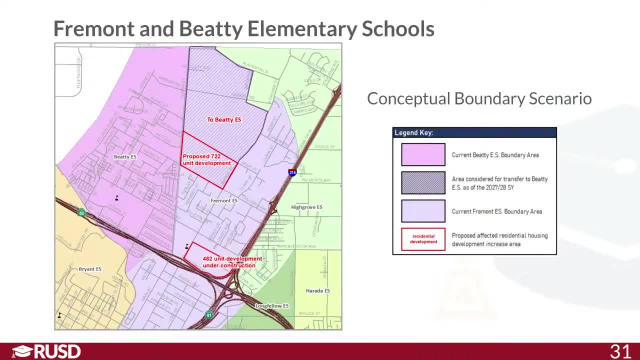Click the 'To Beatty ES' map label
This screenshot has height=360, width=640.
tap(224, 120)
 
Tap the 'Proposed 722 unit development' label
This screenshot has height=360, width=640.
tap(206, 159)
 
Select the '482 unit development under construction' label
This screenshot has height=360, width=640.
tap(231, 262)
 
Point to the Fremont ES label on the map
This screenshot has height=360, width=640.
tap(223, 200)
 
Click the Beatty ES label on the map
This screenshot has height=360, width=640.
tap(125, 157)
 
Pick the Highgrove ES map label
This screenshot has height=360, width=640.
tap(306, 207)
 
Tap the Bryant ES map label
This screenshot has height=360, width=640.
tap(90, 269)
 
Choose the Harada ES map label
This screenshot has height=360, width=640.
tap(317, 290)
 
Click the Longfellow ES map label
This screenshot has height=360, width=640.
tap(272, 306)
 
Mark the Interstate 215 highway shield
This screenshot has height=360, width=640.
tap(292, 172)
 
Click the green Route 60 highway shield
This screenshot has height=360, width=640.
tap(81, 213)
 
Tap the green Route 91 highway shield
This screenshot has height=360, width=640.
tap(209, 315)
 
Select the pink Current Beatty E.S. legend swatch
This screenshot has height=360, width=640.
tap(423, 154)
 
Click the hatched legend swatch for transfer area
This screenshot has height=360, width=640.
tap(423, 183)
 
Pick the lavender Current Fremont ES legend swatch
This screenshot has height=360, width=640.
tap(423, 211)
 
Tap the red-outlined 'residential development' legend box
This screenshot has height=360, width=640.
tap(423, 239)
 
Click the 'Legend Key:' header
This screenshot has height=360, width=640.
tap(414, 132)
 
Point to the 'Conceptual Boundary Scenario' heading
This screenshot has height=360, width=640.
tap(479, 98)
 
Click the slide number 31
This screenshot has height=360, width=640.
tap(620, 351)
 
